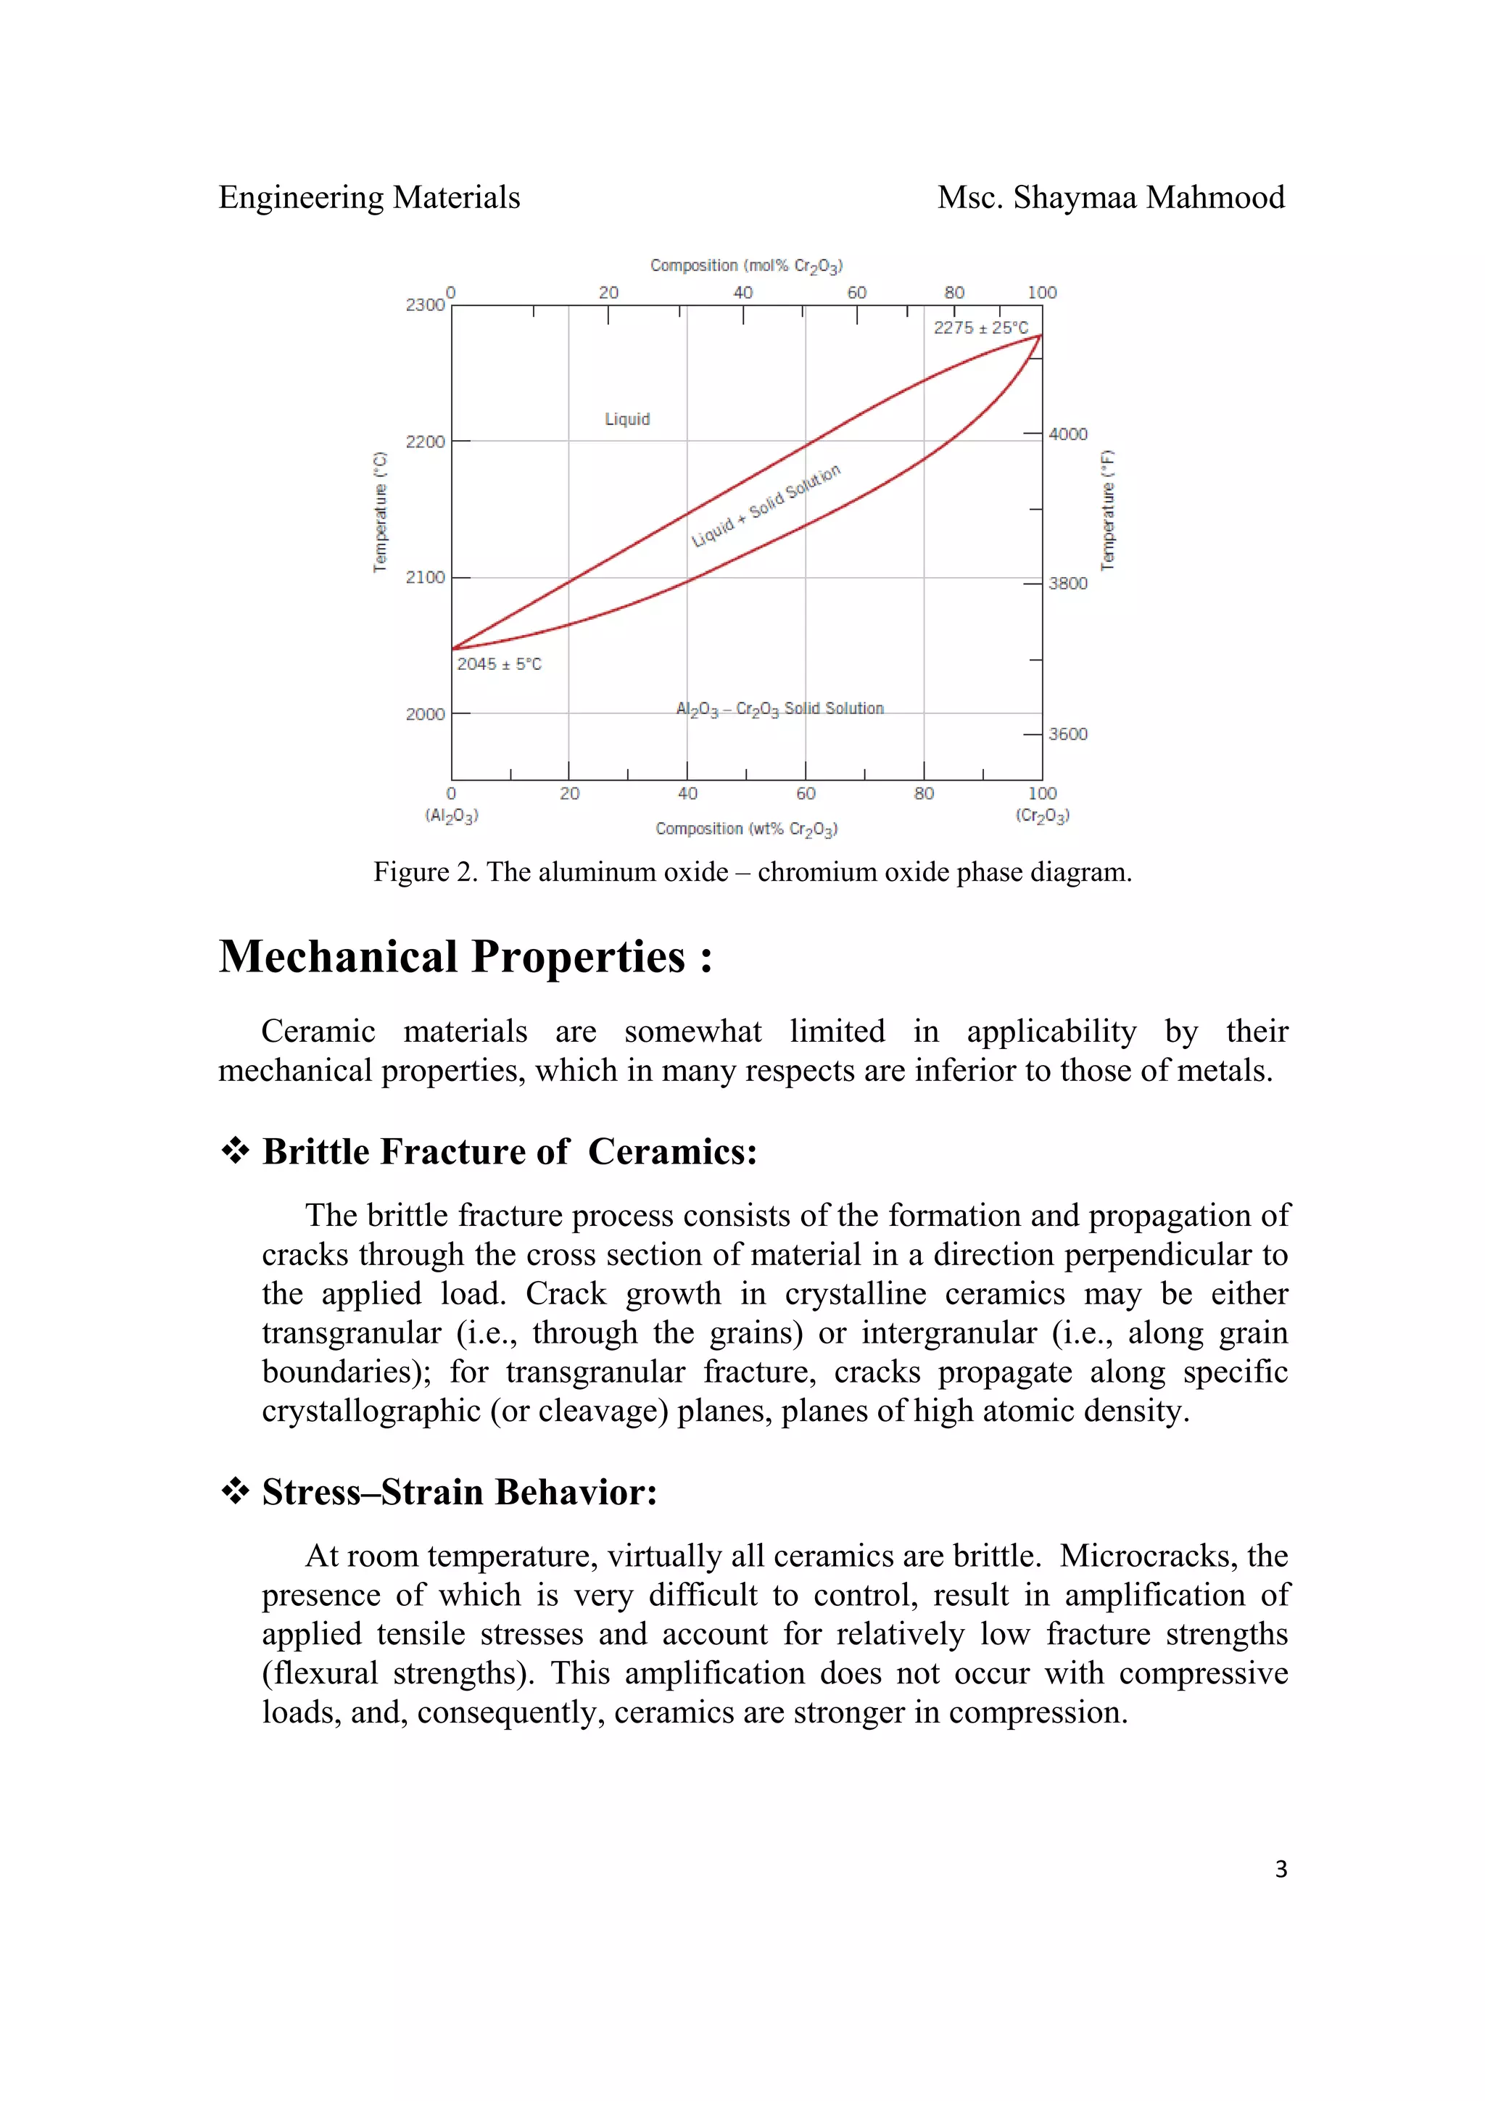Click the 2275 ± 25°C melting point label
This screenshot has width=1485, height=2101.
980,328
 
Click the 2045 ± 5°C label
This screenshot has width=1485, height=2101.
500,664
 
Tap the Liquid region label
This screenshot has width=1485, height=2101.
626,419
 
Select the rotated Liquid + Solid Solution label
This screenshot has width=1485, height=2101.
765,506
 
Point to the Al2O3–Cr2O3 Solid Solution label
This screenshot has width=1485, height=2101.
779,709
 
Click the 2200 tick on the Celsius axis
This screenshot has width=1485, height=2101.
426,442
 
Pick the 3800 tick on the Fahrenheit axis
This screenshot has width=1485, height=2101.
1068,584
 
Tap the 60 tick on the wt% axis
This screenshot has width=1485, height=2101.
805,793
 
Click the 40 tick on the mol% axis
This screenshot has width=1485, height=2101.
743,293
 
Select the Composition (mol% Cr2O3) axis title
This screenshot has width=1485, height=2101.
745,266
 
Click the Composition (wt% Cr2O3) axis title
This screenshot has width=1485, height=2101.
745,829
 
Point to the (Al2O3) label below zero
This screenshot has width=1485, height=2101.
451,816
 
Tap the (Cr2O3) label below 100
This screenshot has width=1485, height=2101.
1042,816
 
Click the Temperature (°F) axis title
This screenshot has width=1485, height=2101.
1108,510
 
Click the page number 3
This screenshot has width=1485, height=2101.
1280,1870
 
